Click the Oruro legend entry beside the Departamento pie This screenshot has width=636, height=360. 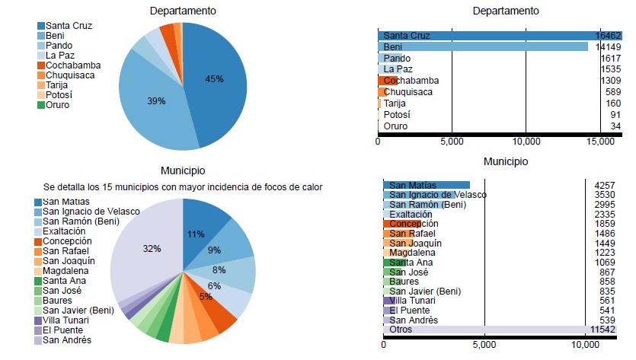[x=57, y=105]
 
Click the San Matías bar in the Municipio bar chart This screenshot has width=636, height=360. [x=427, y=184]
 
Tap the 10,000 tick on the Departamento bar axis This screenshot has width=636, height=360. [x=526, y=142]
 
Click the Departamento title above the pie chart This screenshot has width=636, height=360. [x=183, y=11]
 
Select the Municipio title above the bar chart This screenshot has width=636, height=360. [x=505, y=161]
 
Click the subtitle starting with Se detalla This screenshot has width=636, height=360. [x=183, y=186]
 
